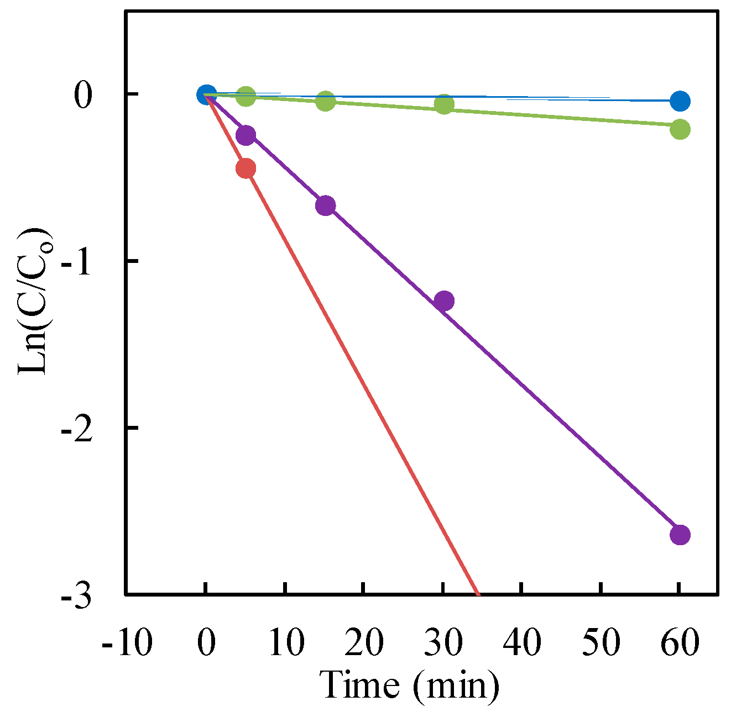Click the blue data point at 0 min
pos(206,94)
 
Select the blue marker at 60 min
pos(680,101)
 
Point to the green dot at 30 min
pos(443,104)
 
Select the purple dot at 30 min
pos(443,301)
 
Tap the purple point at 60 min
pos(680,535)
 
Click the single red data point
pos(246,168)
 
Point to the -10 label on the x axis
pos(127,643)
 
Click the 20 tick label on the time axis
pos(363,643)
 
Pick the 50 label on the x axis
pos(601,643)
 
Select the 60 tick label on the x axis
pos(680,643)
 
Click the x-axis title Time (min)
pos(411,685)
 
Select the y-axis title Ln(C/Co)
pos(33,301)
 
